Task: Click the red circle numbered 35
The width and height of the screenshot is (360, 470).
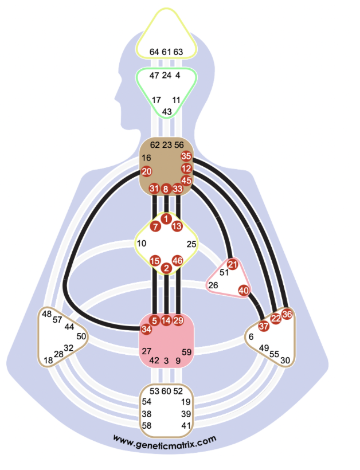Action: click(x=186, y=156)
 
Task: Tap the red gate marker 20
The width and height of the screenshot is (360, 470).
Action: click(x=147, y=171)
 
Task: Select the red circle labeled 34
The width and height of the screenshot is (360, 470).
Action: click(x=146, y=329)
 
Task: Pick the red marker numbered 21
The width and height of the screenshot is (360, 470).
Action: click(x=232, y=264)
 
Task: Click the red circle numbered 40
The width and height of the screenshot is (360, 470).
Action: click(x=244, y=290)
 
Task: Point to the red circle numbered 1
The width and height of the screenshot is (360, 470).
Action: click(x=166, y=218)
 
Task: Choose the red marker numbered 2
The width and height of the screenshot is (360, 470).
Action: click(x=166, y=268)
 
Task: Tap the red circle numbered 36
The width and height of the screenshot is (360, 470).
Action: click(x=287, y=314)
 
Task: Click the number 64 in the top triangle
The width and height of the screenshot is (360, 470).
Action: click(x=154, y=52)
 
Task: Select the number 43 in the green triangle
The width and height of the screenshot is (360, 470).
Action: click(x=167, y=112)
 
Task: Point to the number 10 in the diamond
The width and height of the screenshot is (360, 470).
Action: click(x=142, y=243)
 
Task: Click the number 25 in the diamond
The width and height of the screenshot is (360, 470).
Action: click(x=191, y=244)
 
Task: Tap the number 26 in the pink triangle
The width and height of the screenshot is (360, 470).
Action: click(x=213, y=285)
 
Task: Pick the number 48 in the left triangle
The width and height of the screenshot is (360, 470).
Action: click(x=47, y=314)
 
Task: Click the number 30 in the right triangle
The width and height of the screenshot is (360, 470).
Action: click(x=285, y=361)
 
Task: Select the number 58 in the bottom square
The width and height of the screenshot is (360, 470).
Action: click(x=147, y=425)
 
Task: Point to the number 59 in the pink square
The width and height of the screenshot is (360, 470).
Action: click(x=186, y=352)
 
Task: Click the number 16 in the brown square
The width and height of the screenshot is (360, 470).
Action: click(x=146, y=158)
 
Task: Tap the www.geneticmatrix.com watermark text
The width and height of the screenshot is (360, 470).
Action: click(x=165, y=441)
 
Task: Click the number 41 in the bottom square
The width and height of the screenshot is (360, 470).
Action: click(x=186, y=425)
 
